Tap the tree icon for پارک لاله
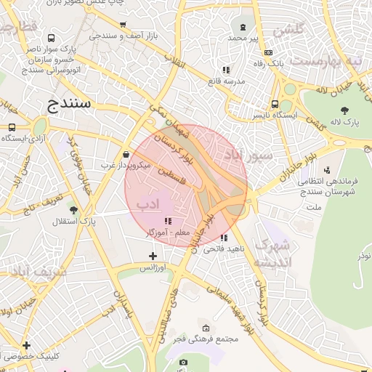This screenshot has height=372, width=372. pos(344,110)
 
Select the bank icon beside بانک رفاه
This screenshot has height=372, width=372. pos(268,52)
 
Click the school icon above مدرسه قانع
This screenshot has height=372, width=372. pos(226,70)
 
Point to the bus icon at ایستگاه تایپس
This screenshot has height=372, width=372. pos(275,104)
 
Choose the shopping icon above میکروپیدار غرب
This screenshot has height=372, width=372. pos(127,154)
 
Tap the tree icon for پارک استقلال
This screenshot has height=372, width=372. pos(73,210)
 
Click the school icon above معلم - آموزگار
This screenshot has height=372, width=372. pos(168,221)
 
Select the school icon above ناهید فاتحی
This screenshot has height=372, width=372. pos(225,238)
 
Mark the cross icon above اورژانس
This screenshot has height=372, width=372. pos(153,256)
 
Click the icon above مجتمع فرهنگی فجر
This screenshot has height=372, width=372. pos(206,328)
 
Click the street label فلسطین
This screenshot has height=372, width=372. pos(173,177)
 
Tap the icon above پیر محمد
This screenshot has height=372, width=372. pos(243,27)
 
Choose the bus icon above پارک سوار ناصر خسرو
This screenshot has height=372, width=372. pos(50,38)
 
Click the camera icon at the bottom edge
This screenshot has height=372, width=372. pos(183,362)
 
